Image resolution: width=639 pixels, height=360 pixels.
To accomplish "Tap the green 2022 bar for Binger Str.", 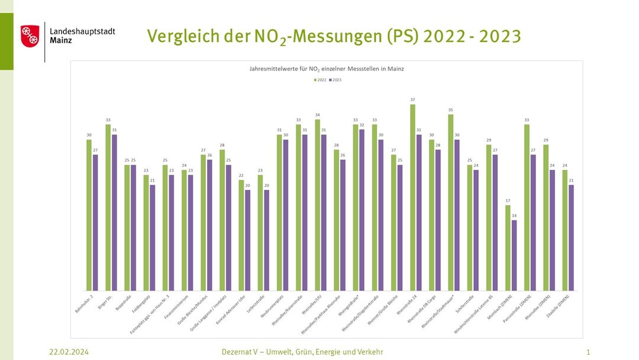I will (108, 207).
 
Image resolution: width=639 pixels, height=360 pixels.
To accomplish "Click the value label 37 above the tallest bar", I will (412, 100).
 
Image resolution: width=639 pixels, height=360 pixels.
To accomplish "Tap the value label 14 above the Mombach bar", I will (514, 216).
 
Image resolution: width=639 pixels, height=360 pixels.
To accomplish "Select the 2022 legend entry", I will (319, 79).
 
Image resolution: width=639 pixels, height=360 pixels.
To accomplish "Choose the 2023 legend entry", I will (335, 79).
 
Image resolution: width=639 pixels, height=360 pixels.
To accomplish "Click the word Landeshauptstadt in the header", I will (83, 31).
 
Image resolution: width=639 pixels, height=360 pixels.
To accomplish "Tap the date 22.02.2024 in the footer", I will (69, 352).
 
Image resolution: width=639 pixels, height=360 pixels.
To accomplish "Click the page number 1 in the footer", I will (588, 352).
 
